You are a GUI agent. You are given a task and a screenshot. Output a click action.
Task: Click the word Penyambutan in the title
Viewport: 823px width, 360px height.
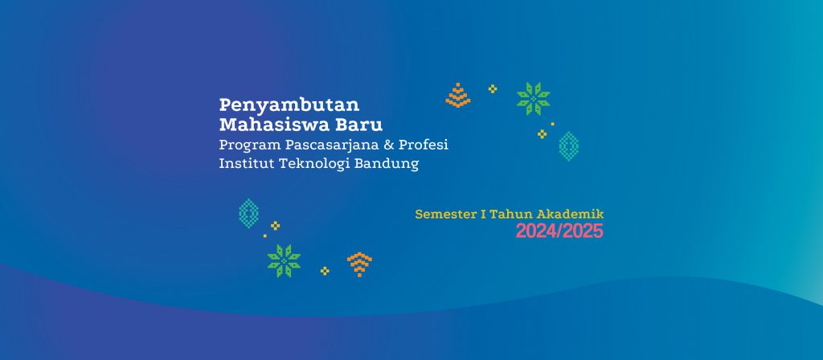pyautogui.click(x=289, y=105)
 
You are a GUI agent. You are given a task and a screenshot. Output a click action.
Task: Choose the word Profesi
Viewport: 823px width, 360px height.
pyautogui.click(x=424, y=145)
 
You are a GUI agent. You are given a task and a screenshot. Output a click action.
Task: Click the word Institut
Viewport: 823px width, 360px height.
pyautogui.click(x=240, y=164)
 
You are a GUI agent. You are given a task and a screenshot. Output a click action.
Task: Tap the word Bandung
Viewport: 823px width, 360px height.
pyautogui.click(x=387, y=164)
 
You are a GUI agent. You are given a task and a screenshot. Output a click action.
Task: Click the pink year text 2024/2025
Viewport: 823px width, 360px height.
pyautogui.click(x=559, y=231)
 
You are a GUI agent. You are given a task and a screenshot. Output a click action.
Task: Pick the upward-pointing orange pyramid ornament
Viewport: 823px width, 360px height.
pyautogui.click(x=458, y=95)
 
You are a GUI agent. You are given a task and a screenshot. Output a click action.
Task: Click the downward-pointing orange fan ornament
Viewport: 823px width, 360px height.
pyautogui.click(x=359, y=264)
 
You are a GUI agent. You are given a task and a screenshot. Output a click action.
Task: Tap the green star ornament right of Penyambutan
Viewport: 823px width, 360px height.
pyautogui.click(x=534, y=99)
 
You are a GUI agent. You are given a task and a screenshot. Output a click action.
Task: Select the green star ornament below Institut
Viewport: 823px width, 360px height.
pyautogui.click(x=284, y=261)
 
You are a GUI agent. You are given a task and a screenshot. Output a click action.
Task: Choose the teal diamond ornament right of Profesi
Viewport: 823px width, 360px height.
pyautogui.click(x=569, y=146)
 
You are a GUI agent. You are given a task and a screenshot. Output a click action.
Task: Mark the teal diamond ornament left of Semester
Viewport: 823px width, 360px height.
pyautogui.click(x=248, y=214)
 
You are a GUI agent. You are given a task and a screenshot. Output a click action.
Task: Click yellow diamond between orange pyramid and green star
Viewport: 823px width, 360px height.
pyautogui.click(x=493, y=88)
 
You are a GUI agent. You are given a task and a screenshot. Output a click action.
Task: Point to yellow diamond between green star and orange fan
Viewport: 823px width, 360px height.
pyautogui.click(x=325, y=271)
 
